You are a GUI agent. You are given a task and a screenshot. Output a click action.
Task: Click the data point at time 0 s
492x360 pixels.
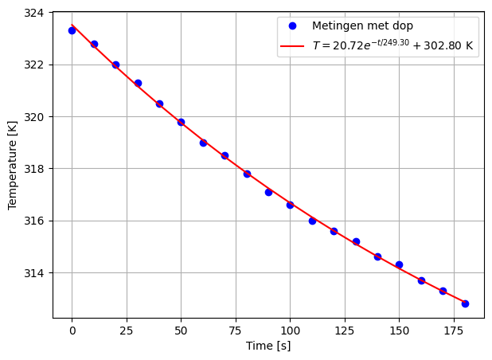[x=72, y=30]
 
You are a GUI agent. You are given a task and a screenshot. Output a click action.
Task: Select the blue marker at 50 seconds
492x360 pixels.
[x=181, y=122]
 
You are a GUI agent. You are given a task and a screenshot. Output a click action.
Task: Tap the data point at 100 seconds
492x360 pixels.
[x=290, y=205]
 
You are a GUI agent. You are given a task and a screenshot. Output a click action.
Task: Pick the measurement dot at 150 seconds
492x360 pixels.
[x=399, y=264]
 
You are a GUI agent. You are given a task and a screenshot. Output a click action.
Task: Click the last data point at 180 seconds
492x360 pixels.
[x=465, y=303]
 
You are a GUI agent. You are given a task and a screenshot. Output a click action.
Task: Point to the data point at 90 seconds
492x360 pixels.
[x=268, y=192]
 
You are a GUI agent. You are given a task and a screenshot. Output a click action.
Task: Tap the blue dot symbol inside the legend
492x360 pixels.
[x=292, y=26]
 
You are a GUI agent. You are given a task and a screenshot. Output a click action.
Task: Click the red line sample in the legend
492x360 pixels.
[x=292, y=46]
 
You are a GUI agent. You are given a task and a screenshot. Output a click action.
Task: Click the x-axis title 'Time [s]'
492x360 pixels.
[x=268, y=346]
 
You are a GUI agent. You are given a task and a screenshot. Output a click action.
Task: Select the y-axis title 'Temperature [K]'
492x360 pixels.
[x=13, y=165]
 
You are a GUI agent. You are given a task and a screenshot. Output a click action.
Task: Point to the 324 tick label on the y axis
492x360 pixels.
[x=37, y=13]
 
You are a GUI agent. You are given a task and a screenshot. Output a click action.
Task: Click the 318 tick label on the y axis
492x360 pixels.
[x=37, y=169]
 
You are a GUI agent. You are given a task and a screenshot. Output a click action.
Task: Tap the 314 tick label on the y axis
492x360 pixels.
[x=37, y=273]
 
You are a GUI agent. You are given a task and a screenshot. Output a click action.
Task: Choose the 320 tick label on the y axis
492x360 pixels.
[x=37, y=117]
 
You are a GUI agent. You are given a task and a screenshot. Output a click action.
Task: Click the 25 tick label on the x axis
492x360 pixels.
[x=127, y=329]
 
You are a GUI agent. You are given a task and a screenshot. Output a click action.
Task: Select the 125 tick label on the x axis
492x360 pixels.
[x=345, y=329]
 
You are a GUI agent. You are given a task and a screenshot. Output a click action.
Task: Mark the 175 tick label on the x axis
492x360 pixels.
[x=454, y=329]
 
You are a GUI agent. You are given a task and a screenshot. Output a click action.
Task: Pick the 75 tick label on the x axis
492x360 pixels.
[x=236, y=329]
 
